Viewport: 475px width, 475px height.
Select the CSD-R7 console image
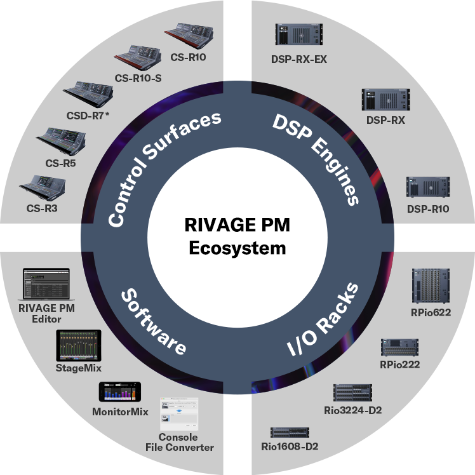pos(88,94)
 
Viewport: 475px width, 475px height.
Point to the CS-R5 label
pos(61,163)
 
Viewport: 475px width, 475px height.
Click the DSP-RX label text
pos(385,119)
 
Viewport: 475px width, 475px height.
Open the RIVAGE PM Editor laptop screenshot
pos(46,284)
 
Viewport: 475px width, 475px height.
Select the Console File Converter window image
pos(178,414)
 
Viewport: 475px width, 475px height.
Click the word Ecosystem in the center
pos(237,247)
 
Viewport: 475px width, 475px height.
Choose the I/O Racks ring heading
pos(322,317)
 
